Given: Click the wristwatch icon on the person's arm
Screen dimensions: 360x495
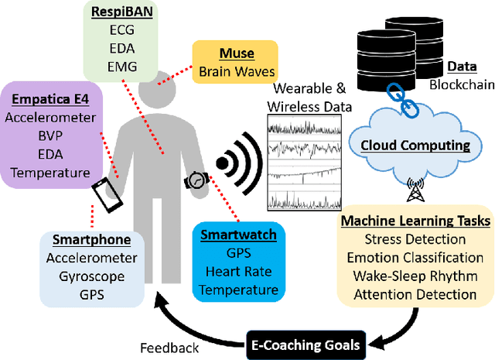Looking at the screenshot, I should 196,180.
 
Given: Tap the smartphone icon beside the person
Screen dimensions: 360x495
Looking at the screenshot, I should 106,197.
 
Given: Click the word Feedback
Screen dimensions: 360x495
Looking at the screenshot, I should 170,348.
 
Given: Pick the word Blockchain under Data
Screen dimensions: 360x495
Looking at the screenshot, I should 460,84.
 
